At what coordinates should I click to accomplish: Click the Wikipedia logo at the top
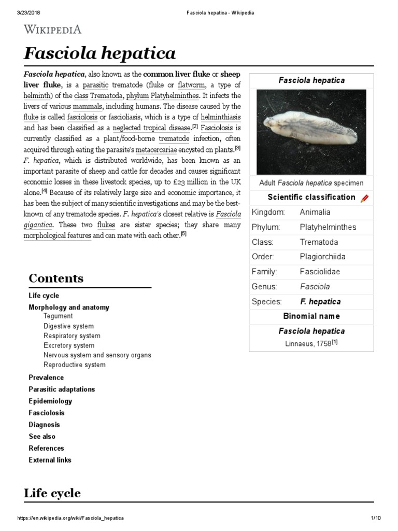[x=52, y=29]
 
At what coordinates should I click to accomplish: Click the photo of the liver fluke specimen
[x=311, y=132]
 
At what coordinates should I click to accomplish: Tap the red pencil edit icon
[x=365, y=198]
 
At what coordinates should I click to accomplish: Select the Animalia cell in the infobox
[x=315, y=212]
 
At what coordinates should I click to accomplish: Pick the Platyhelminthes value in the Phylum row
[x=328, y=227]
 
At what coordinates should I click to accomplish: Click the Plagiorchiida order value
[x=322, y=257]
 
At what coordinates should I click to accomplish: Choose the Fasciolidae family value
[x=320, y=271]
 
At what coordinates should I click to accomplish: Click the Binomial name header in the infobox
[x=311, y=316]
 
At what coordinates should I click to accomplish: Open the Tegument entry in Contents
[x=58, y=316]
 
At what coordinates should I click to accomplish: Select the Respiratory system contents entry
[x=72, y=336]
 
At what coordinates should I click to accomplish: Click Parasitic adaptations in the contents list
[x=62, y=389]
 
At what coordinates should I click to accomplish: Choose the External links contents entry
[x=50, y=460]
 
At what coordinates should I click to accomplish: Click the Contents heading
[x=56, y=278]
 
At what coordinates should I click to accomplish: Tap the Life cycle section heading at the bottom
[x=52, y=493]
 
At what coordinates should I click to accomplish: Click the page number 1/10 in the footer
[x=376, y=518]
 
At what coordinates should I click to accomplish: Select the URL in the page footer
[x=71, y=518]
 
